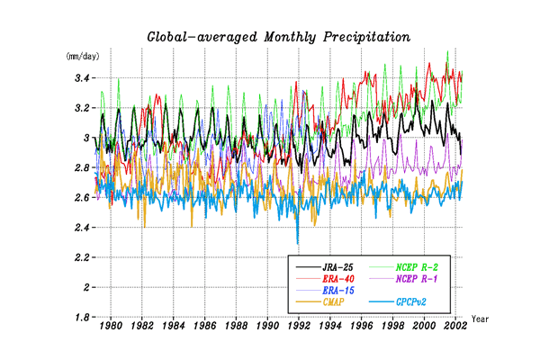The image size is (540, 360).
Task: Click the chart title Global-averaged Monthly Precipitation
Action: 278,37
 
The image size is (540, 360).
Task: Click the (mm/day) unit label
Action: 78,56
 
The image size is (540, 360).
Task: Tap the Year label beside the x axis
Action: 480,319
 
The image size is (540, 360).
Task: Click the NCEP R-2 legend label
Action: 423,267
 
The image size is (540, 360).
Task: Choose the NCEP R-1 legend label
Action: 423,279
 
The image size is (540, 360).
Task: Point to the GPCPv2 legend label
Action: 418,302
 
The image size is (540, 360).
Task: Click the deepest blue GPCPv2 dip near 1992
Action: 298,243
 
